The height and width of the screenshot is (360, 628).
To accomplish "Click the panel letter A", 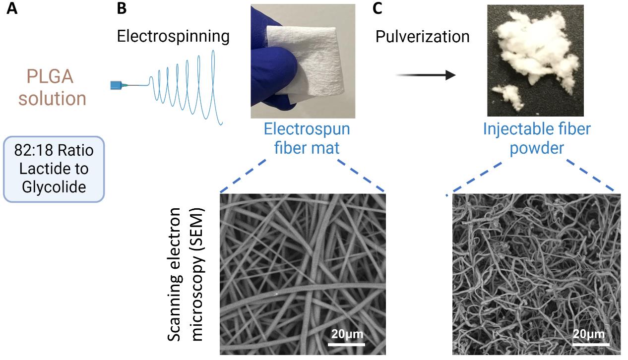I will point(11,8).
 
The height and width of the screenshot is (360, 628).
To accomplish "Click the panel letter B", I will point(122,8).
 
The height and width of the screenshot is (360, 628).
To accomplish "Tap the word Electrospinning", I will point(173,36).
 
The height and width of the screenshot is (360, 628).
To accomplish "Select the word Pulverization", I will point(422,36).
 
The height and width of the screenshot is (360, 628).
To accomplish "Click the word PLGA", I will point(53,78).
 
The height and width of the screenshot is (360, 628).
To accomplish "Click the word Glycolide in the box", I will point(54,187).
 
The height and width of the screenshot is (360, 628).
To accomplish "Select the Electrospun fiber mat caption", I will point(307,138).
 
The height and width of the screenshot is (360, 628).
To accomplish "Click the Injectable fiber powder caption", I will point(537,138).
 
